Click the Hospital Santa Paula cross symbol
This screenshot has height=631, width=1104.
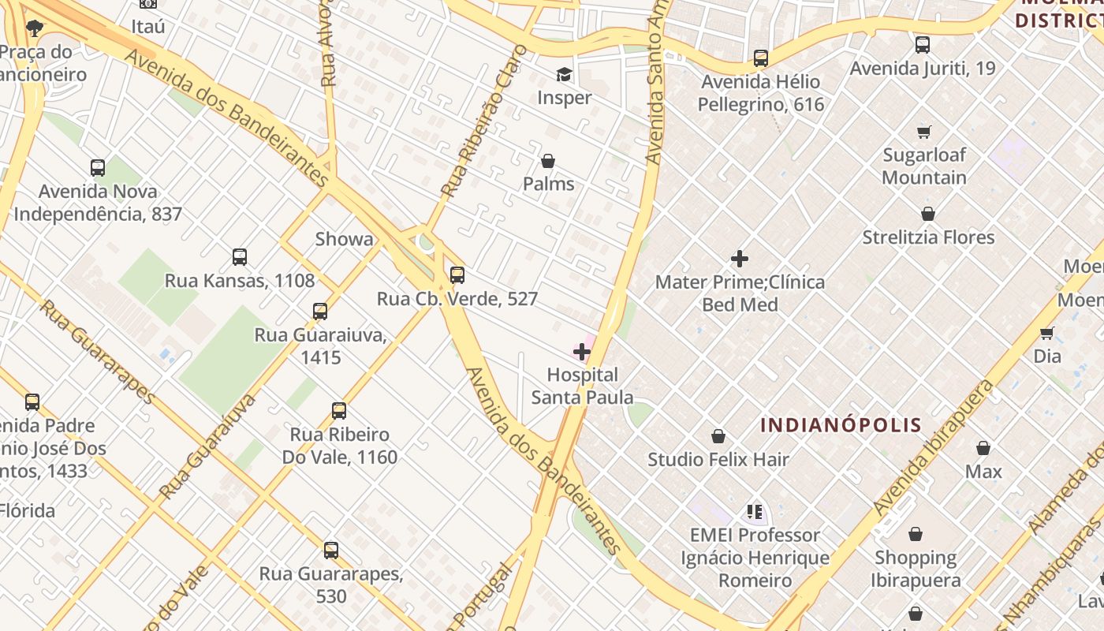(x=582, y=351)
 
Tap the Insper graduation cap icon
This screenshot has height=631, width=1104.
(x=564, y=75)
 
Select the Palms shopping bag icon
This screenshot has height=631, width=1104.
(x=548, y=161)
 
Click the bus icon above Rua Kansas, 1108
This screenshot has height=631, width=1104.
(x=240, y=257)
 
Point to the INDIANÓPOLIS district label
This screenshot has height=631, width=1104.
(x=841, y=425)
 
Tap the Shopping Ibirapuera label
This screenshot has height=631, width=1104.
(x=916, y=569)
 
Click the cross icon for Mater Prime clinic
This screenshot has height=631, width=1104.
(x=740, y=259)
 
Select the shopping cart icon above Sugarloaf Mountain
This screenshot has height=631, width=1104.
(x=924, y=132)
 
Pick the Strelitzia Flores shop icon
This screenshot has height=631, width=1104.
(x=928, y=214)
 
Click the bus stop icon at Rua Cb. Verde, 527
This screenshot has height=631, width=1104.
(x=457, y=275)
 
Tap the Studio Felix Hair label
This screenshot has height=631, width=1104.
(x=718, y=459)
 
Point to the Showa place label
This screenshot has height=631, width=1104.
(x=345, y=239)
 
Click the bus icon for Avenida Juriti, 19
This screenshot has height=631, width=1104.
(x=923, y=45)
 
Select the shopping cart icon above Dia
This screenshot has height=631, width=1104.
(x=1047, y=333)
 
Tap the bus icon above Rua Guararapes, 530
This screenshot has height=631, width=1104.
(x=331, y=550)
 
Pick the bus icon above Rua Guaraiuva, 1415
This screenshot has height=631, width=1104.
(x=320, y=312)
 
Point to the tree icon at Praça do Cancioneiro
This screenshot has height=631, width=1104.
(x=35, y=29)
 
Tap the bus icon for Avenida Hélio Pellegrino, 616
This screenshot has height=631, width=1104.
(x=761, y=58)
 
